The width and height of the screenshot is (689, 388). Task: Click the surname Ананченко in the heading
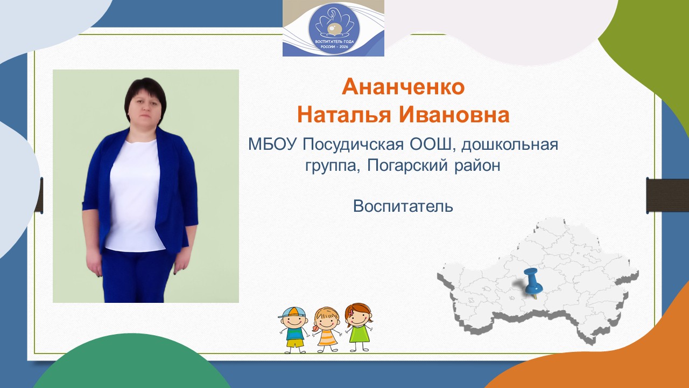[403, 87]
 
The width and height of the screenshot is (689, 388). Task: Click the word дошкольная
[515, 144]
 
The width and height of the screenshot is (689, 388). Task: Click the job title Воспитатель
[403, 206]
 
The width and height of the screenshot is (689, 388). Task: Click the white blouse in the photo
[134, 194]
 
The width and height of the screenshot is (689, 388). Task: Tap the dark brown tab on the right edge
[667, 196]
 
